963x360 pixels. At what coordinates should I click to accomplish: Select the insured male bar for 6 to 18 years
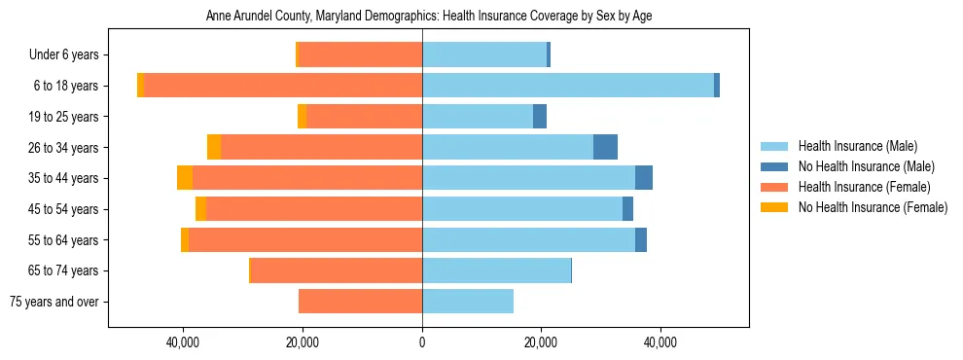tap(568, 86)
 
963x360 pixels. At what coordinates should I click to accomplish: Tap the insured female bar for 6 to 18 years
tap(283, 86)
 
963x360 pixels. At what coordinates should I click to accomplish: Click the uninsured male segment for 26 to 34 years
tap(605, 147)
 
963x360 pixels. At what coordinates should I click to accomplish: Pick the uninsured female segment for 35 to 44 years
tap(185, 178)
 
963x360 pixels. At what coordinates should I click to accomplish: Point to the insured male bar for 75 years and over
tap(468, 302)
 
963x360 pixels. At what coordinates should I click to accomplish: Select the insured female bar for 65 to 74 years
tap(337, 270)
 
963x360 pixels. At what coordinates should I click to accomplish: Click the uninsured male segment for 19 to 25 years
tap(540, 117)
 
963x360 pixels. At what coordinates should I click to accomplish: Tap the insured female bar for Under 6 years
tap(360, 55)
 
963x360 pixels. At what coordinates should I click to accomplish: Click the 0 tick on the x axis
tap(422, 342)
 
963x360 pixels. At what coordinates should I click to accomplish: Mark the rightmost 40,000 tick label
tap(660, 342)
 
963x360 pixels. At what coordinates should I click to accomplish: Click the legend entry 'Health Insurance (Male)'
tap(857, 146)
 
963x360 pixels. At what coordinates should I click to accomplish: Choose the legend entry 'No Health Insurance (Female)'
tap(873, 207)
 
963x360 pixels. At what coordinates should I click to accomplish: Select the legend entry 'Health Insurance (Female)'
tap(864, 187)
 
